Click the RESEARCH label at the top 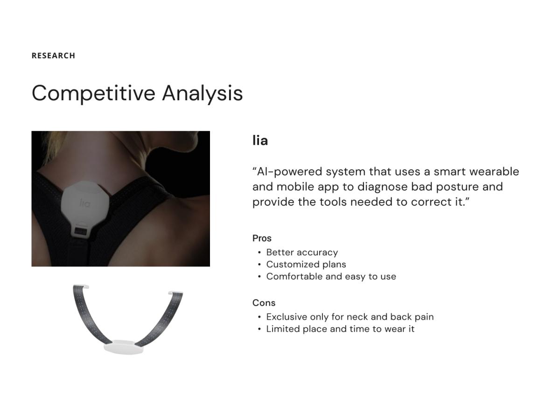(x=53, y=56)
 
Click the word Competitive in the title (x=93, y=93)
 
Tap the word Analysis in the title (x=202, y=93)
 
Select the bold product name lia (x=260, y=140)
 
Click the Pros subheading (x=262, y=238)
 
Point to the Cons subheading (x=264, y=303)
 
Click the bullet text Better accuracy (x=302, y=252)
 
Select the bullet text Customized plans (x=306, y=265)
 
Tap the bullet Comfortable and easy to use (x=331, y=277)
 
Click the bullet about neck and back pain (x=350, y=317)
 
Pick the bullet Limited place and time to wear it (x=340, y=329)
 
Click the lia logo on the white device (x=85, y=203)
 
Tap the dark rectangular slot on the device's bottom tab (x=81, y=231)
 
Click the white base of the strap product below (x=124, y=347)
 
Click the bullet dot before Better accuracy (x=259, y=253)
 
